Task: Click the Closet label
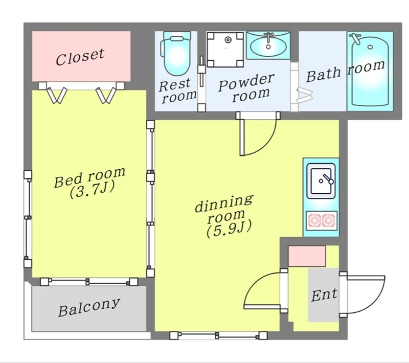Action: point(80,57)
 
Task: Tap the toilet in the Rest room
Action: point(175,53)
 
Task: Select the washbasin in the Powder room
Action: point(268,45)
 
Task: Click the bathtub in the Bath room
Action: point(370,71)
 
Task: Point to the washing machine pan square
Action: point(225,49)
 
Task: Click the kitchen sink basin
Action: point(321,180)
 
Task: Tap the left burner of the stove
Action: point(314,221)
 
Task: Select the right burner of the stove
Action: point(328,221)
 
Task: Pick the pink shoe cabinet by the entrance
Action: point(307,256)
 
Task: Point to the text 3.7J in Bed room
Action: point(92,191)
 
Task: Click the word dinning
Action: point(224,203)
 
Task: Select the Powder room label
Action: point(246,88)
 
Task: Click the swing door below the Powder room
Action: point(257,135)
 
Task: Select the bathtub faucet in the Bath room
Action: point(355,38)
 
